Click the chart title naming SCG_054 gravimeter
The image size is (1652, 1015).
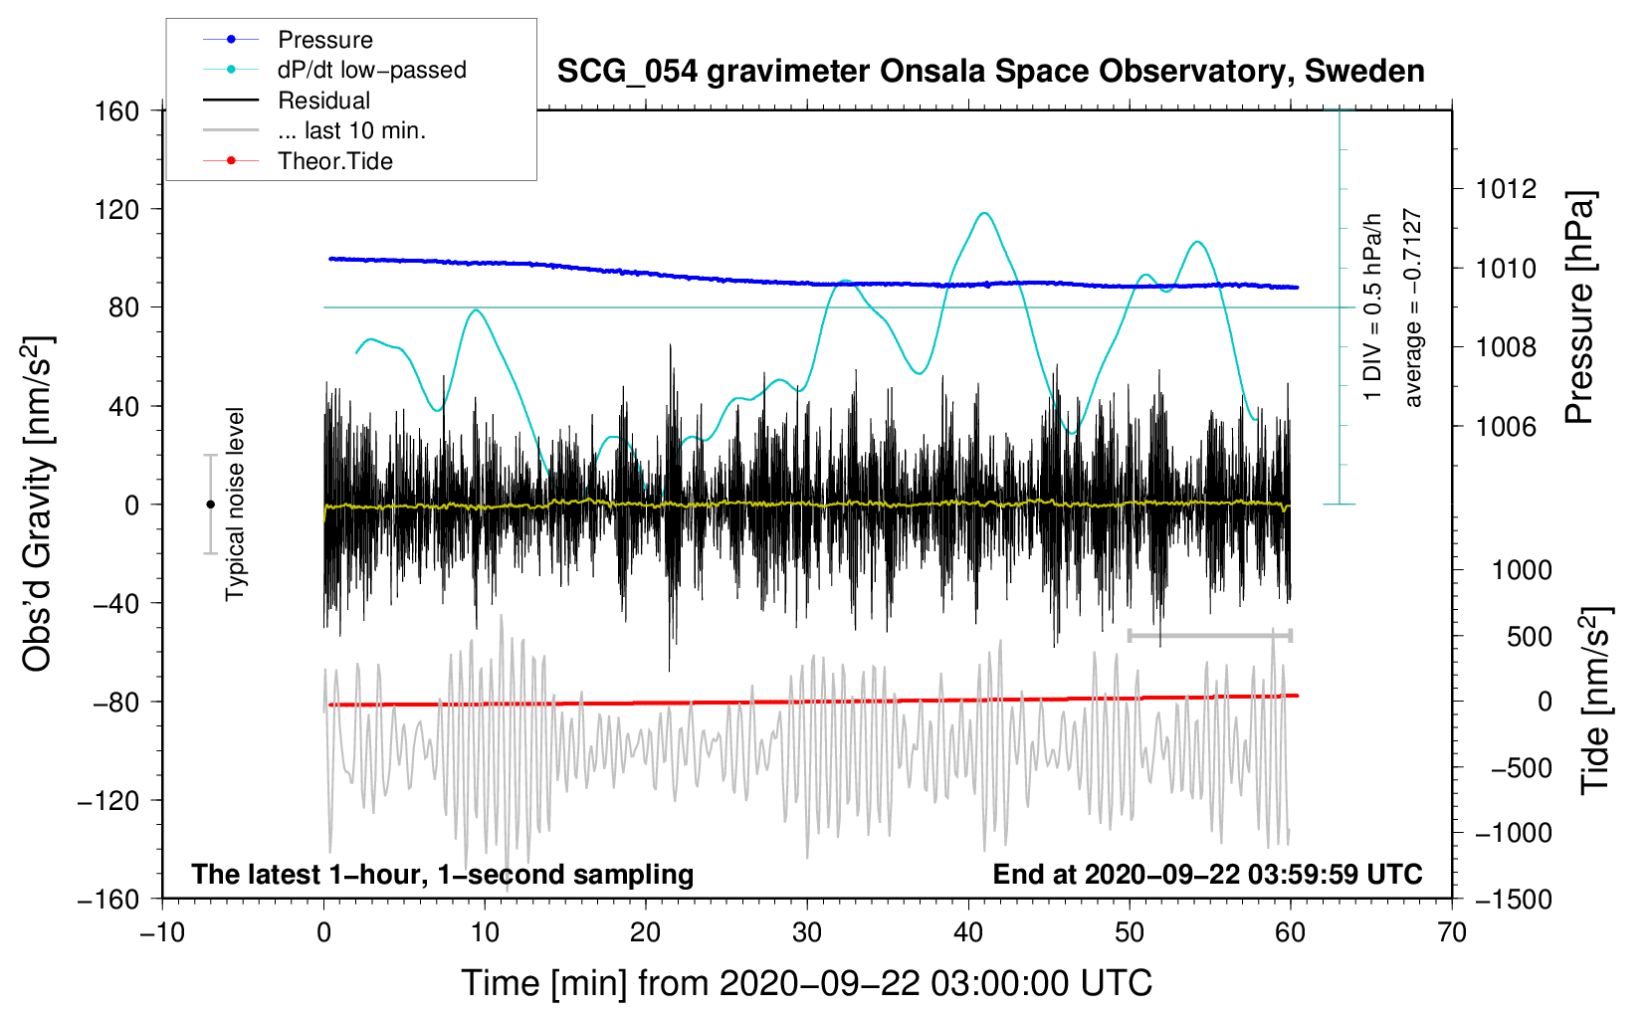[x=990, y=72]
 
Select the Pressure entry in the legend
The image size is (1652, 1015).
[x=324, y=40]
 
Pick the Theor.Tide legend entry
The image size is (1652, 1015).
[x=334, y=161]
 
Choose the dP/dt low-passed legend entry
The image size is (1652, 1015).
[x=371, y=70]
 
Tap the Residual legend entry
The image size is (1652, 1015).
[x=323, y=101]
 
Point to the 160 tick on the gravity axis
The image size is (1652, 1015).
[x=117, y=111]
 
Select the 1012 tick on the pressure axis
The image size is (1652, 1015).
[x=1506, y=189]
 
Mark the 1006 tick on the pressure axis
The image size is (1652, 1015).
[x=1506, y=427]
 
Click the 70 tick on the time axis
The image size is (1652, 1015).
[x=1452, y=933]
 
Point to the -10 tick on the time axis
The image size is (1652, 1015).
[x=162, y=933]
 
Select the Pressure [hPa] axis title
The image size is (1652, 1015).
[x=1580, y=307]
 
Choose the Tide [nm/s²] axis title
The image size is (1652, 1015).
[x=1595, y=701]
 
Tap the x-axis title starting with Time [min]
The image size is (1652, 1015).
[x=806, y=983]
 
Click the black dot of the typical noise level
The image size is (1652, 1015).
[x=210, y=505]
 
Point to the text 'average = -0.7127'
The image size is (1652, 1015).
[x=1413, y=307]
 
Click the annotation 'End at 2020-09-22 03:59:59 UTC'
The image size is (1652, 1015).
[x=1207, y=875]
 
